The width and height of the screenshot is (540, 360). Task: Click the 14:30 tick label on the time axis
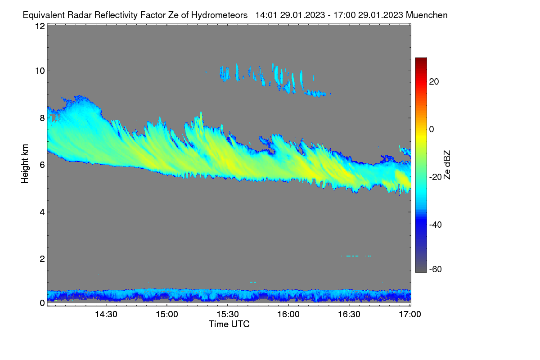[106, 315]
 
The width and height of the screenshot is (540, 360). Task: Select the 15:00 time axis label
[167, 315]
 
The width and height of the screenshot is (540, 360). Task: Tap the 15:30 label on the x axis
[228, 315]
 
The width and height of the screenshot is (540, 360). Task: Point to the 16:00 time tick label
[288, 315]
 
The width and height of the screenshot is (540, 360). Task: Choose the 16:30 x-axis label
[349, 315]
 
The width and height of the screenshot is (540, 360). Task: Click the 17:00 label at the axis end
[410, 315]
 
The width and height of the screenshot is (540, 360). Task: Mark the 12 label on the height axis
[40, 26]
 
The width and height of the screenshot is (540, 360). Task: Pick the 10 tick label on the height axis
[40, 71]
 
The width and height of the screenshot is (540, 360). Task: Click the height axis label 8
[42, 118]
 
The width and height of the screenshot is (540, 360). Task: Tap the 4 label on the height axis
[42, 212]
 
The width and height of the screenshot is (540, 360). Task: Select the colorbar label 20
[434, 82]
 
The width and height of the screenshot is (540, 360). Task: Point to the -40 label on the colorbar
[436, 225]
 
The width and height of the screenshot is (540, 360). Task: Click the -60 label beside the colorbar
[436, 270]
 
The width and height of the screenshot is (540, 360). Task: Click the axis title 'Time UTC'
[229, 324]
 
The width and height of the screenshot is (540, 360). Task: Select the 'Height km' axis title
[25, 164]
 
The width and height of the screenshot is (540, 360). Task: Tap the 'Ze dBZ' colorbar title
[447, 165]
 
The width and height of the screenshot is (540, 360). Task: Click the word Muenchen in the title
[427, 15]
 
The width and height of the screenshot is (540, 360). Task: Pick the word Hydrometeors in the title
[220, 15]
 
